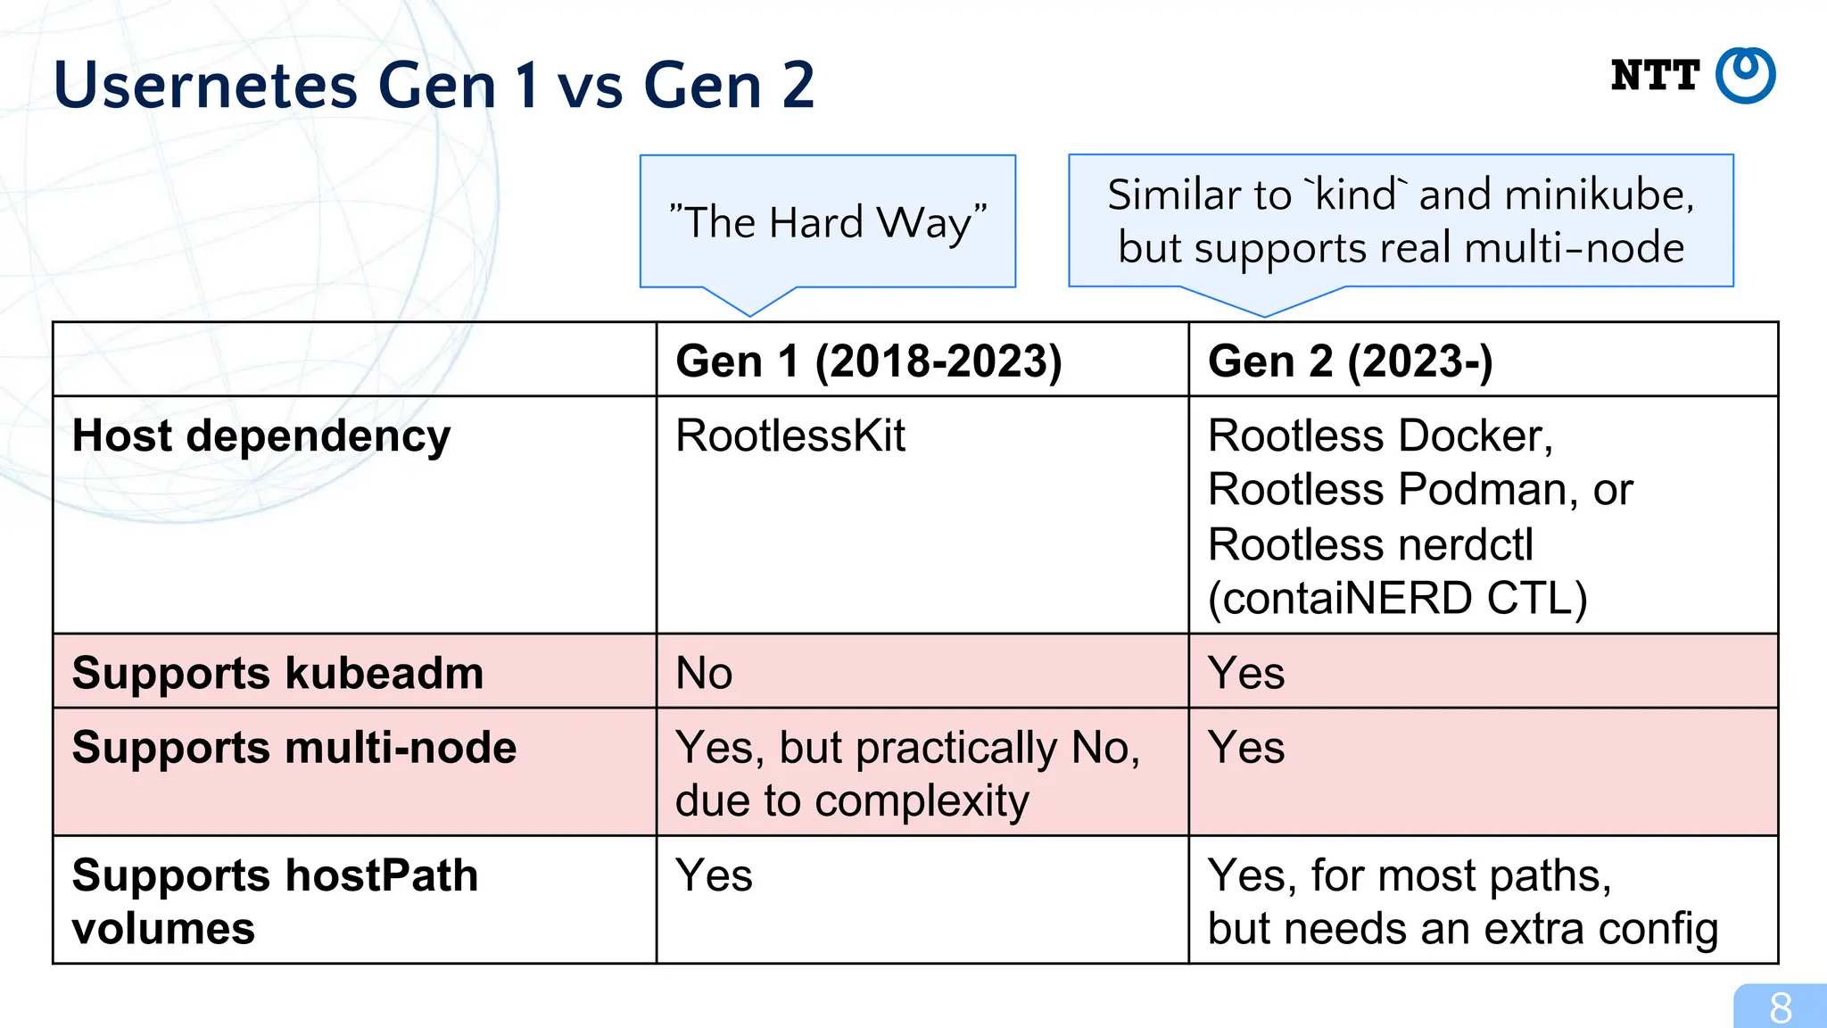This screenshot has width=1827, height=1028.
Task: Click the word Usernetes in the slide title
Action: pyautogui.click(x=205, y=86)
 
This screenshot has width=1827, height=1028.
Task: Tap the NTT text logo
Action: pyautogui.click(x=1655, y=76)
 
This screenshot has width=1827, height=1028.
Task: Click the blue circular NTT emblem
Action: pyautogui.click(x=1746, y=76)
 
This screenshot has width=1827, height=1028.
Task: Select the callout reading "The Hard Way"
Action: pyautogui.click(x=828, y=221)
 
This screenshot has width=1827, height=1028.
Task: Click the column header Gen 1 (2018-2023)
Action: pyautogui.click(x=868, y=361)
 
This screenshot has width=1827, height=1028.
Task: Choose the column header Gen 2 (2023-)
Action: pyautogui.click(x=1350, y=361)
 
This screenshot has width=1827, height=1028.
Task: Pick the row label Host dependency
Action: pyautogui.click(x=261, y=436)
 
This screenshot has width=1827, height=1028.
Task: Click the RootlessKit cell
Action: pyautogui.click(x=790, y=436)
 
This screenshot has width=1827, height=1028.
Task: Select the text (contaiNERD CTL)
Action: pyautogui.click(x=1397, y=598)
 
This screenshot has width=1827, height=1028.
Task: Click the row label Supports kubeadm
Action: pyautogui.click(x=277, y=673)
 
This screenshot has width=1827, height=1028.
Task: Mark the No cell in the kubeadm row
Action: pyautogui.click(x=704, y=673)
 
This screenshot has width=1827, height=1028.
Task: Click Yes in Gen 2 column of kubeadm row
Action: pyautogui.click(x=1246, y=673)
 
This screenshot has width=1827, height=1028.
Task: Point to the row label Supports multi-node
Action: pyautogui.click(x=294, y=748)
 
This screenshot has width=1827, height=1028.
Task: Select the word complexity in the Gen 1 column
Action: pyautogui.click(x=922, y=800)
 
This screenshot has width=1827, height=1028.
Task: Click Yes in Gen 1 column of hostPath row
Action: pyautogui.click(x=714, y=875)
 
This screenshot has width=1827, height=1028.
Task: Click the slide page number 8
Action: pyautogui.click(x=1781, y=1008)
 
